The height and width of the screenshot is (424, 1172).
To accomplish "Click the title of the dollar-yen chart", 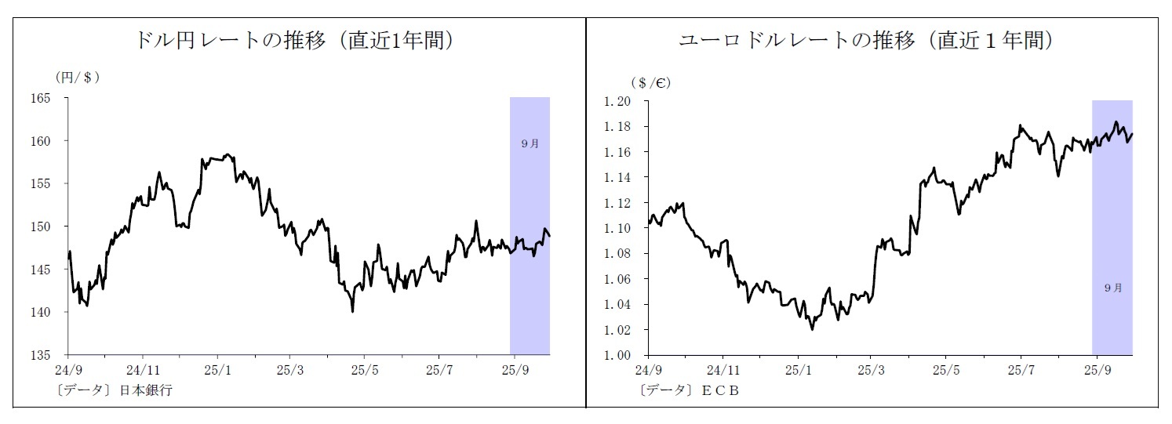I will point(296,41).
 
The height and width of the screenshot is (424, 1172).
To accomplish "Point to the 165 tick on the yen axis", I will point(40,99).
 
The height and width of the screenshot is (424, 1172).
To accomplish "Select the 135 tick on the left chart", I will point(40,355).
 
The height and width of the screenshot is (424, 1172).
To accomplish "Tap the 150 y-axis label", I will point(40,227).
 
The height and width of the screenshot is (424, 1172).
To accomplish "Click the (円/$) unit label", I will point(77,77).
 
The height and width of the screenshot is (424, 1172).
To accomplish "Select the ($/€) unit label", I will point(650,82).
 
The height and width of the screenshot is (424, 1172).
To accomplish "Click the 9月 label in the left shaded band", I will point(530,143).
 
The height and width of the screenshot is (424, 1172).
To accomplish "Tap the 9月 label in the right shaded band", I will point(1112,288).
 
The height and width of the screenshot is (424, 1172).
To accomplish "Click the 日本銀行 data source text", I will point(146,390).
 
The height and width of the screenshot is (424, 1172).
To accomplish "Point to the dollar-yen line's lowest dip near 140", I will point(352,311).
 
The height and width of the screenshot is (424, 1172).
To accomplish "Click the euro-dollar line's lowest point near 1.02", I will point(812,329).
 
